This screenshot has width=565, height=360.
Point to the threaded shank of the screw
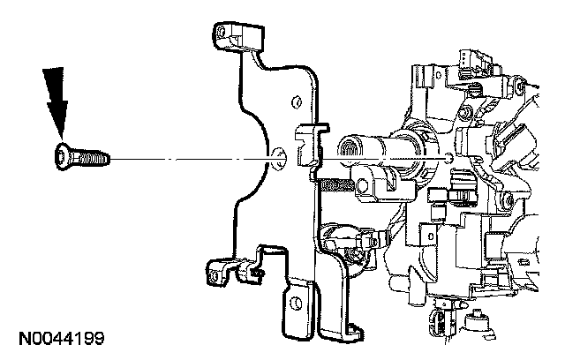click(x=89, y=158)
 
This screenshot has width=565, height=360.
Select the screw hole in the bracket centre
click(x=279, y=158)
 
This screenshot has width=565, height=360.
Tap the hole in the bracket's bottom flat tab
click(x=299, y=304)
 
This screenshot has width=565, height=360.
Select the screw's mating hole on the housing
click(x=451, y=157)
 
